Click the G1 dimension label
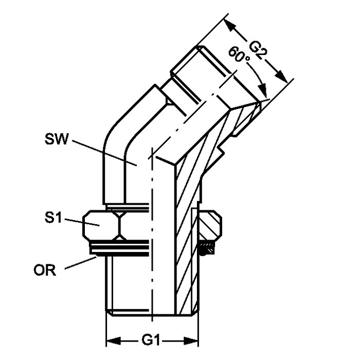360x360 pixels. [150, 340]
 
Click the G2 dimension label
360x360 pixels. [258, 50]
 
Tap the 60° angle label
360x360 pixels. [240, 55]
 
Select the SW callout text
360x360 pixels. [57, 139]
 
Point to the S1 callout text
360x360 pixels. [53, 217]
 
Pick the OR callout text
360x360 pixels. [45, 270]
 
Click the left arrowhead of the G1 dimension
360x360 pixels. [114, 340]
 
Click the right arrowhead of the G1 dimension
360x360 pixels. [191, 340]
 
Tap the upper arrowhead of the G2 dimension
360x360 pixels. [230, 26]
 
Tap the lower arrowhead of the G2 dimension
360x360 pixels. [281, 76]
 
